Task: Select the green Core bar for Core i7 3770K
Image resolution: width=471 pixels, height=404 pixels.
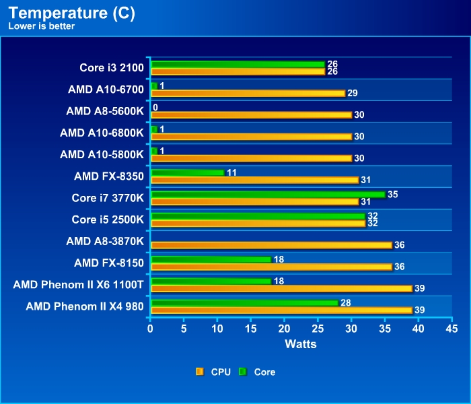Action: coord(268,195)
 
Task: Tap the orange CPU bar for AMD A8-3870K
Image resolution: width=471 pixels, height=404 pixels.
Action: coord(271,245)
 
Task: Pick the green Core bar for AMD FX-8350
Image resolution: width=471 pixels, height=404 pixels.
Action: coord(188,173)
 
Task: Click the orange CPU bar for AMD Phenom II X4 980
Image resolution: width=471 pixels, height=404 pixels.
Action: coord(281,310)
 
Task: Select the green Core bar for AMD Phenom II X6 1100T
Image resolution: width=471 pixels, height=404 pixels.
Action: coord(211,281)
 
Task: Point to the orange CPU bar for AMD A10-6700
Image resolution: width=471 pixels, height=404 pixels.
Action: coord(248,93)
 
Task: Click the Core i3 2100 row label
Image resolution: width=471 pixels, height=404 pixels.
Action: coord(111,68)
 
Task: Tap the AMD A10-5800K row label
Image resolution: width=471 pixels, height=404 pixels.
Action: coord(102,154)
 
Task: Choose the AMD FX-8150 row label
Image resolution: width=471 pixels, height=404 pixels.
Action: coord(109,262)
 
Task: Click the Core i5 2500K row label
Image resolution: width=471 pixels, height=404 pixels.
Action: coord(108,219)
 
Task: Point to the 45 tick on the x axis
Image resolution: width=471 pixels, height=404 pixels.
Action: coord(451,329)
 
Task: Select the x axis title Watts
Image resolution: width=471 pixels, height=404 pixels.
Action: coord(300,344)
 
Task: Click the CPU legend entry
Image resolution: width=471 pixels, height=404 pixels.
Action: coord(214,372)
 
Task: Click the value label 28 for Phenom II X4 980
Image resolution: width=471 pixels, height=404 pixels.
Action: coord(345,302)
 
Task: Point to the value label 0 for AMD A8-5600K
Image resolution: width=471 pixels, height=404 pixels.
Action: coord(155,108)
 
